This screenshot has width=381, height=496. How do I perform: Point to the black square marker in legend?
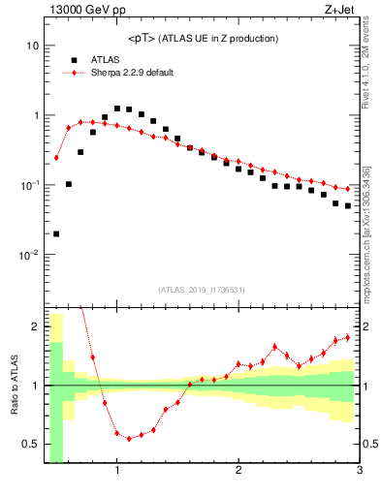point(74,59)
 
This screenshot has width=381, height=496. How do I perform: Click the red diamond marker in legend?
point(74,73)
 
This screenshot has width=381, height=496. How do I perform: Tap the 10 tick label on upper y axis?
point(32,46)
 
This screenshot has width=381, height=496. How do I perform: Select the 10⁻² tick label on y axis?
point(29,255)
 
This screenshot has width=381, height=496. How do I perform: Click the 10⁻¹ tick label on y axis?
point(29,185)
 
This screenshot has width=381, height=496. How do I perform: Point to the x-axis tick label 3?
point(359,472)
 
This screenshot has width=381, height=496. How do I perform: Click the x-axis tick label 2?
point(238,472)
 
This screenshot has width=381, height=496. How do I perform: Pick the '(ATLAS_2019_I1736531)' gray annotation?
point(203,290)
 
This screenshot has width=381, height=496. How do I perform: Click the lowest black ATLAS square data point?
point(56,233)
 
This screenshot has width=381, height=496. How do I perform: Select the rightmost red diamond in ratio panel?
point(348,337)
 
